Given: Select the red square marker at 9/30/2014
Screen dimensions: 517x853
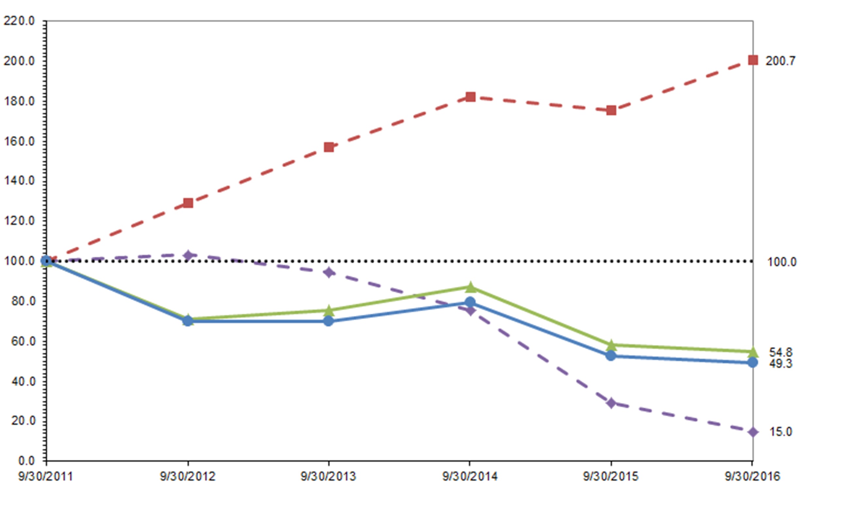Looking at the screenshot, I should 470,97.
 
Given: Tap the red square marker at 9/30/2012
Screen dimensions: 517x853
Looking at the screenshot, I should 188,203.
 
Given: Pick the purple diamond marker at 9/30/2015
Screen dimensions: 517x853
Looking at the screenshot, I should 611,403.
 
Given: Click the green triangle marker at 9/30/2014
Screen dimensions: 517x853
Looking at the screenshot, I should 470,287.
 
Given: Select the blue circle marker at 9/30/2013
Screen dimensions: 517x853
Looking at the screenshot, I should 328,321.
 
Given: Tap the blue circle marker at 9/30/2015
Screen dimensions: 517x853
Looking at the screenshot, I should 611,355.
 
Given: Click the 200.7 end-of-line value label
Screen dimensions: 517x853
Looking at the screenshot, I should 780,61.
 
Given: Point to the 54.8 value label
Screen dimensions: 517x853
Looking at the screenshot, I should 780,352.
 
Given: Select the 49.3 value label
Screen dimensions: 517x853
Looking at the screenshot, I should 780,364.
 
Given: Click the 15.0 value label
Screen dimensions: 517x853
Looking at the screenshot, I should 780,432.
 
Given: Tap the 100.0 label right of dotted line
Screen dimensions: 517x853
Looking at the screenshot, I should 782,262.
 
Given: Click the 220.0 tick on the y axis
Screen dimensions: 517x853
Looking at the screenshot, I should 19,21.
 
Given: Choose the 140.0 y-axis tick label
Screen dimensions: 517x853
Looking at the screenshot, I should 19,180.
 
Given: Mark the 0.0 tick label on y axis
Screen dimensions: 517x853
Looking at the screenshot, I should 26,460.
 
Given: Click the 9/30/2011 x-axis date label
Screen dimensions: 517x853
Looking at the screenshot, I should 45,477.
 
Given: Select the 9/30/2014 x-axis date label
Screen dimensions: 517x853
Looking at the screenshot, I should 470,477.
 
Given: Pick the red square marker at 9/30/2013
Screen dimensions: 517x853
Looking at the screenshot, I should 329,147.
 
